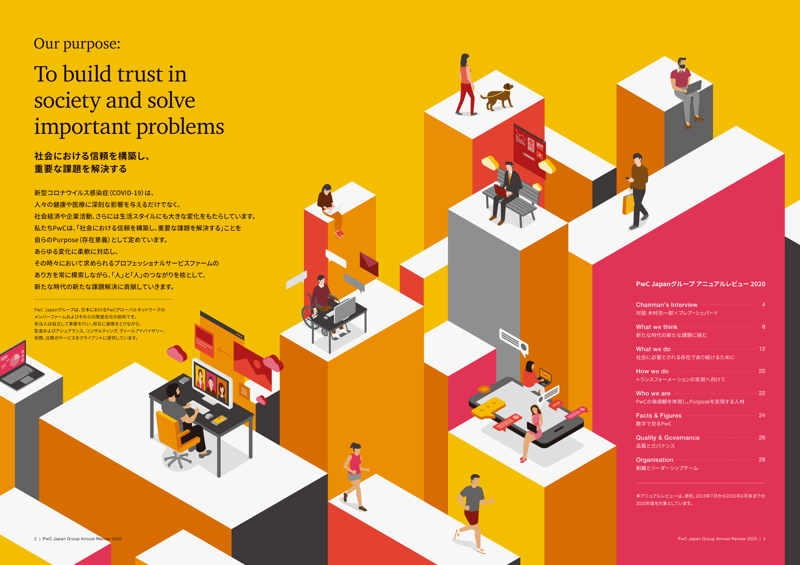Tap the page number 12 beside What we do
[x=762, y=349]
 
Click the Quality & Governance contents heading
[x=668, y=438]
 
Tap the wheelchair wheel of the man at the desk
[x=310, y=317]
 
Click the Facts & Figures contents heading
[x=659, y=415]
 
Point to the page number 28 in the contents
[x=762, y=460]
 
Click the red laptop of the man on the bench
[x=502, y=191]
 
